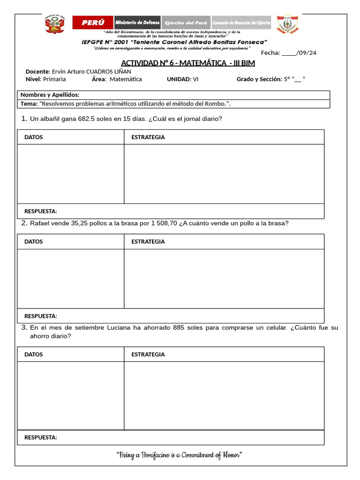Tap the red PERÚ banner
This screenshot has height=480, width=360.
tap(93, 22)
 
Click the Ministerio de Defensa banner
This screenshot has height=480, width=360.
tap(137, 22)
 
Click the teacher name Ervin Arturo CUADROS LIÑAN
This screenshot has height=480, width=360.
tap(91, 71)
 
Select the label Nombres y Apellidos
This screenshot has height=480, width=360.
tap(50, 95)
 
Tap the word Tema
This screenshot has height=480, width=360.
tap(29, 104)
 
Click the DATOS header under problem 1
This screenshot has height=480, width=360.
tap(33, 137)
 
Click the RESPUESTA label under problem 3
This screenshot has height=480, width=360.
tap(40, 437)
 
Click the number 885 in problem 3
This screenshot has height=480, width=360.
tap(179, 328)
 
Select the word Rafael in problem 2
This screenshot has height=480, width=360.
tap(39, 224)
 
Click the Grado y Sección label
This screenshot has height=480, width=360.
tap(259, 79)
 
